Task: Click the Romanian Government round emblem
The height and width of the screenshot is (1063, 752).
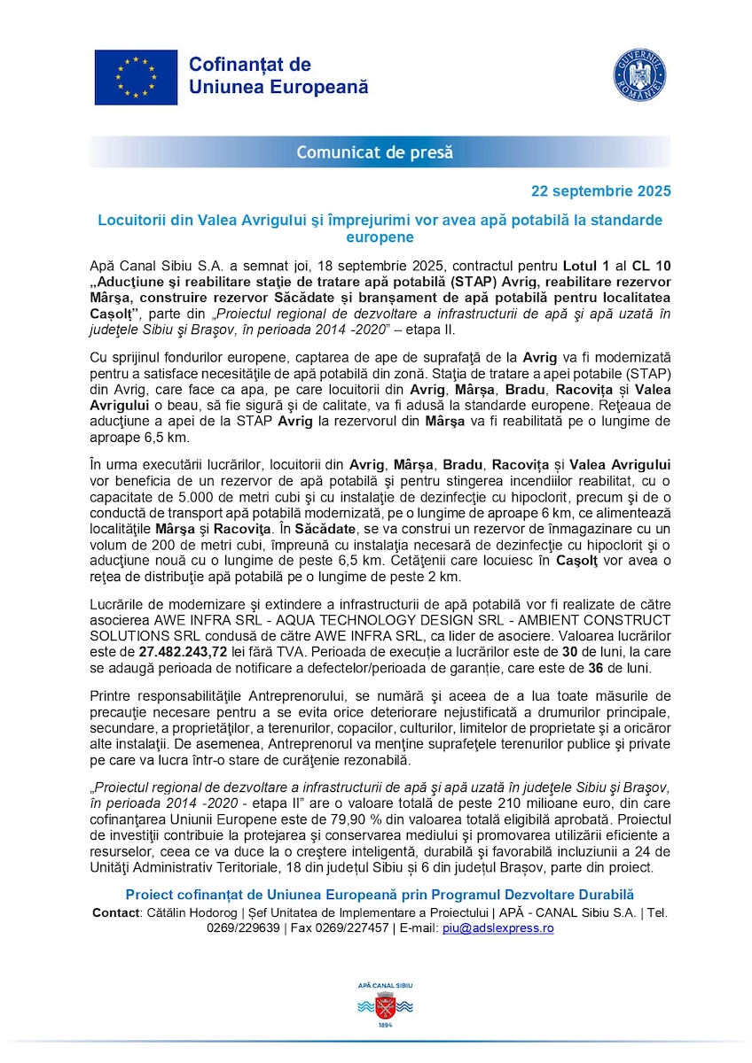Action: point(639,74)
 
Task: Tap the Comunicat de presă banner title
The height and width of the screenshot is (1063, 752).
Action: point(375,152)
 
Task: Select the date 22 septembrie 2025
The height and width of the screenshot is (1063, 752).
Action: point(600,190)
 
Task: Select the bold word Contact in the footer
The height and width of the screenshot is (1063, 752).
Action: point(114,912)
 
